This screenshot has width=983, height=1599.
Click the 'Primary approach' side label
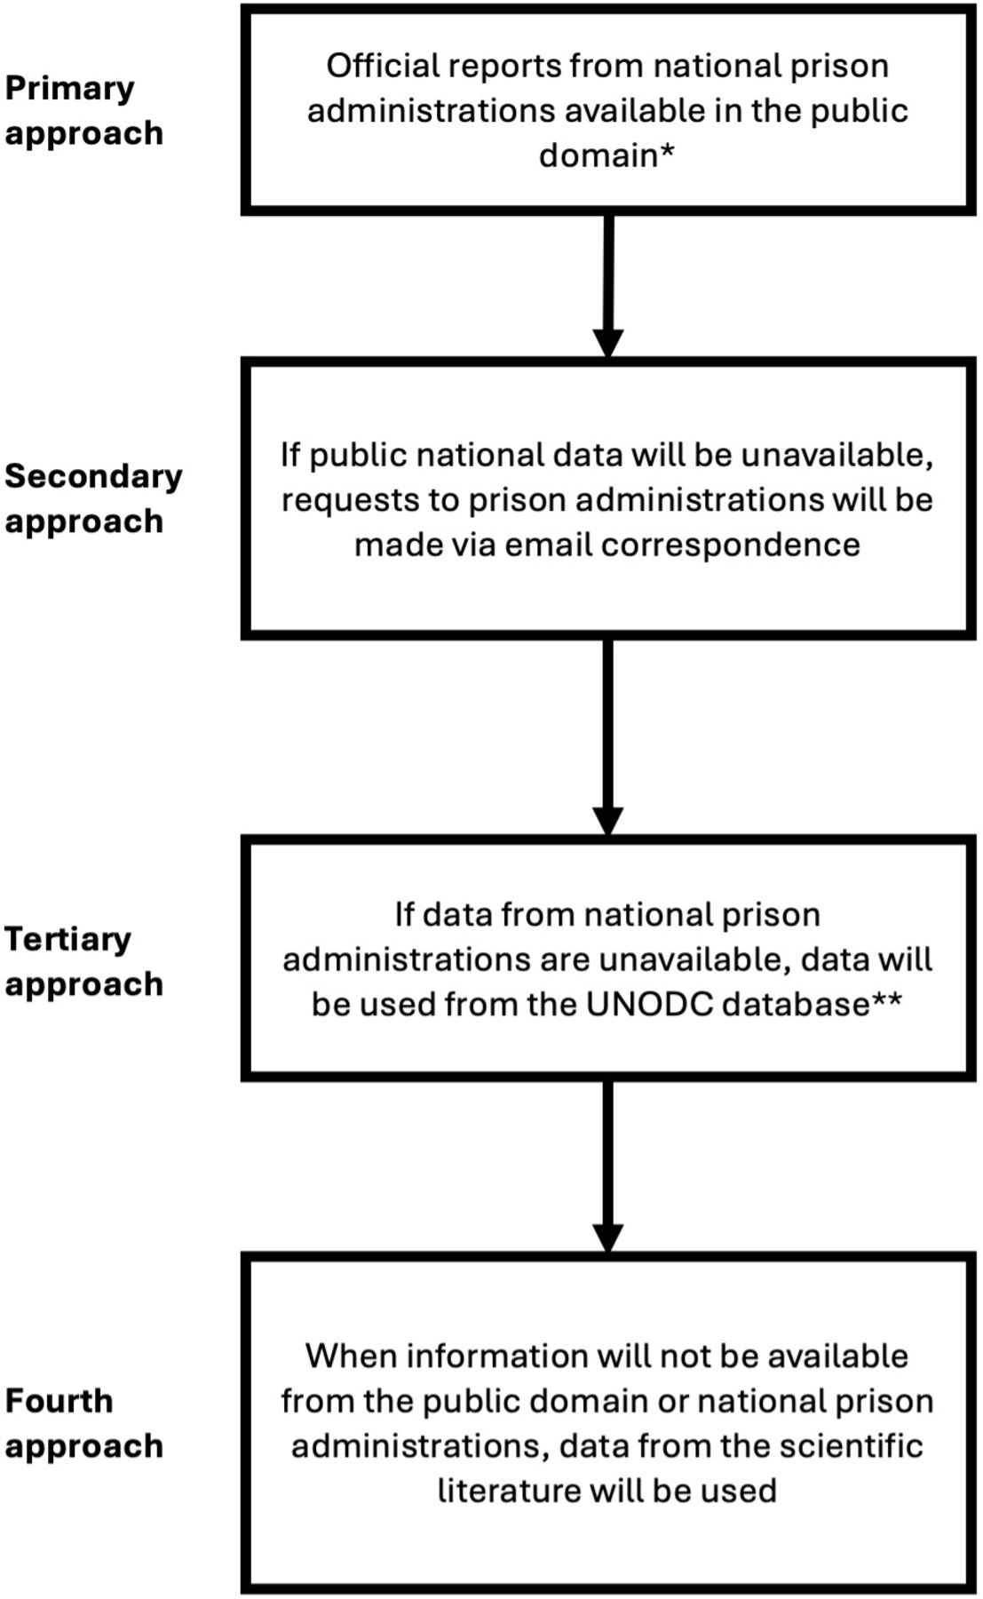click(x=83, y=110)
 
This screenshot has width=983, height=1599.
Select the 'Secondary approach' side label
click(x=93, y=498)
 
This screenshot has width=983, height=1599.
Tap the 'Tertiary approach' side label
click(x=83, y=961)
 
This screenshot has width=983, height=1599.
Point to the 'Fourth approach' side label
click(x=83, y=1423)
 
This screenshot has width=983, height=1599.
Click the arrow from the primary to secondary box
click(x=607, y=285)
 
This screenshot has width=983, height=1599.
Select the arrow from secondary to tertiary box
click(x=607, y=736)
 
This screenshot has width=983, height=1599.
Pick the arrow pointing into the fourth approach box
click(x=607, y=1166)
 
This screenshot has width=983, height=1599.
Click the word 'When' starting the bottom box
click(x=352, y=1356)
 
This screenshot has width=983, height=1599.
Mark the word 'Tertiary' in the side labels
click(x=67, y=940)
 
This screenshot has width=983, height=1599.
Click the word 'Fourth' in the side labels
click(x=59, y=1401)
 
